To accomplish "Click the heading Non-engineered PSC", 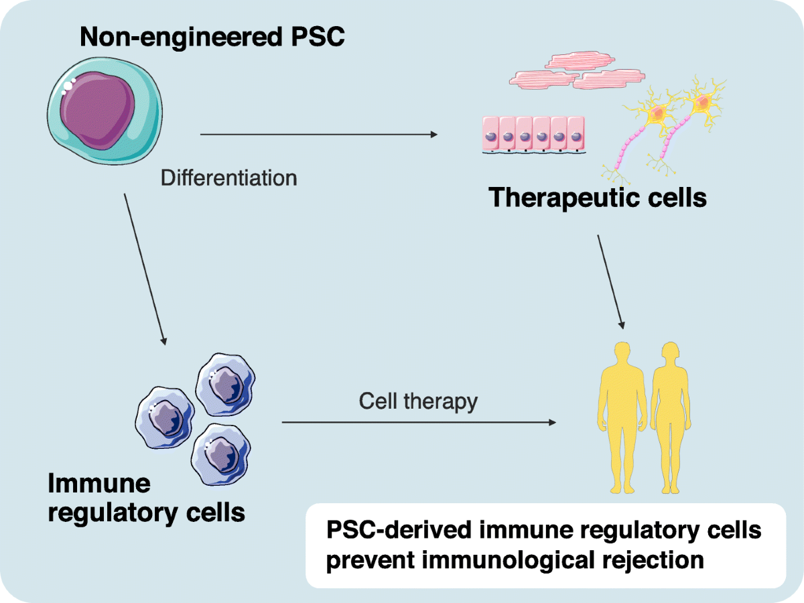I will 212,36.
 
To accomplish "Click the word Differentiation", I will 228,178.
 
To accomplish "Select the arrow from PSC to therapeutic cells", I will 318,135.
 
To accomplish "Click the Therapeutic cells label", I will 598,198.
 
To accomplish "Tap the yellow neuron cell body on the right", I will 702,103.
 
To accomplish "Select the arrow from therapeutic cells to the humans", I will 611,281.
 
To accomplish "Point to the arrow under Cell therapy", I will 419,422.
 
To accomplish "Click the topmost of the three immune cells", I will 223,383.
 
